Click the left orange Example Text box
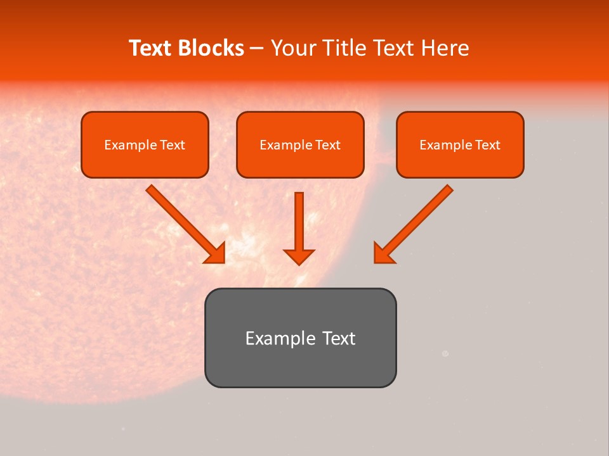(145, 144)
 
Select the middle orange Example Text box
(300, 144)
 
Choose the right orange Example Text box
(460, 144)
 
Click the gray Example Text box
(300, 338)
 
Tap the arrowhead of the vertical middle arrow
(299, 256)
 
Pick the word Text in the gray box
(339, 338)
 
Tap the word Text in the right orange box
(488, 145)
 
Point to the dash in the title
(257, 49)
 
